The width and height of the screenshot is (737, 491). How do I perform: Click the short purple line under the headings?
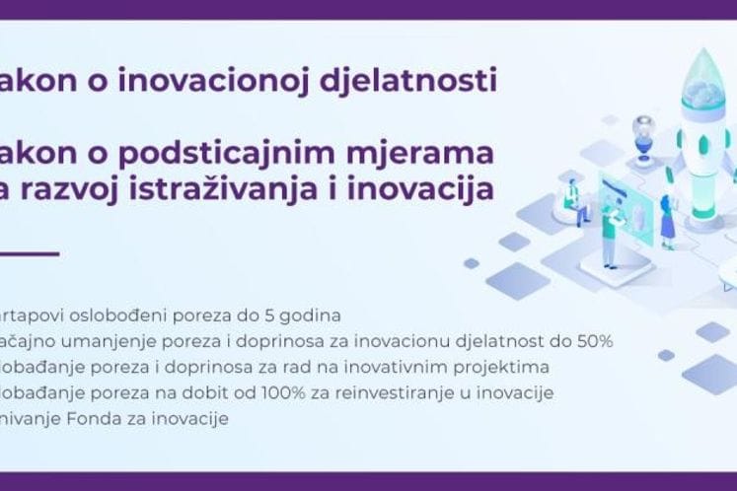point(30,253)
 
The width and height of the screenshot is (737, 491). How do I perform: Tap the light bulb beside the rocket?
point(643,128)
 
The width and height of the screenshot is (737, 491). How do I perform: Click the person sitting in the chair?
point(572,197)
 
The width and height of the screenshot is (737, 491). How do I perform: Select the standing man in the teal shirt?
point(609,233)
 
